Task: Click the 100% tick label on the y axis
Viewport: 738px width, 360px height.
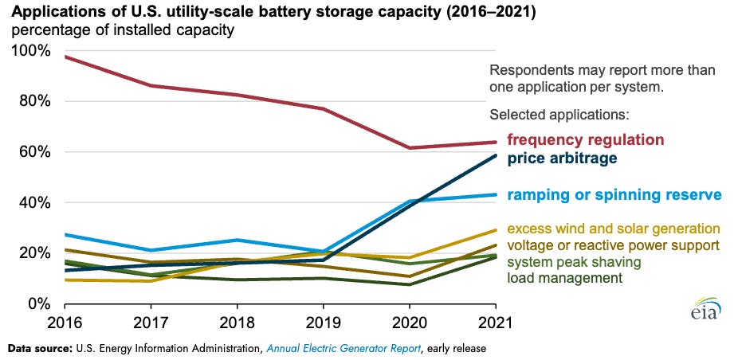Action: (x=30, y=51)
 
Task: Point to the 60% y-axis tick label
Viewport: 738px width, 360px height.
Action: (x=33, y=152)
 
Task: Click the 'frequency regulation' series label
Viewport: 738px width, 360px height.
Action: (x=585, y=140)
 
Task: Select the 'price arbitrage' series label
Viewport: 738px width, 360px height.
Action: (x=561, y=158)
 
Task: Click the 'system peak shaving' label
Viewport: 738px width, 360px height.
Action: (x=574, y=262)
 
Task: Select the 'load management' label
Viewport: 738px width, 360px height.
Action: (x=564, y=278)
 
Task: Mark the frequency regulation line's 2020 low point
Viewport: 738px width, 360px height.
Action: (x=410, y=148)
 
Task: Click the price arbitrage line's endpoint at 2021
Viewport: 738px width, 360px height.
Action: (x=495, y=155)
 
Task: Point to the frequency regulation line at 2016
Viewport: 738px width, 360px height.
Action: (x=65, y=57)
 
